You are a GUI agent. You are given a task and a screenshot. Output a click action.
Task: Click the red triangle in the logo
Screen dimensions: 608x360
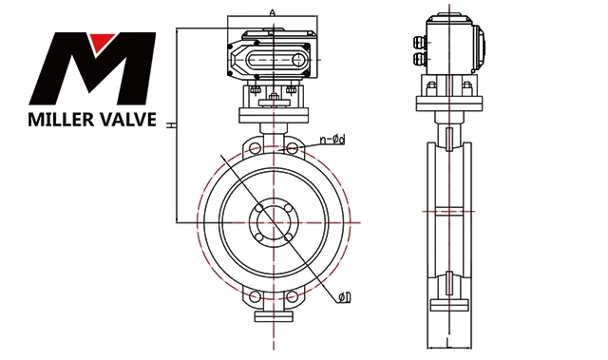pyautogui.click(x=102, y=41)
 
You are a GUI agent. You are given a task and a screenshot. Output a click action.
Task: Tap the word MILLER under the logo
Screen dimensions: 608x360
pyautogui.click(x=60, y=120)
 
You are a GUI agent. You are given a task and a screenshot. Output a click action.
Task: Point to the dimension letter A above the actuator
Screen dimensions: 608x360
pyautogui.click(x=273, y=12)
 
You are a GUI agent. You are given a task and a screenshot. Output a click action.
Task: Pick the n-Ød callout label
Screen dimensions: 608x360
pyautogui.click(x=332, y=140)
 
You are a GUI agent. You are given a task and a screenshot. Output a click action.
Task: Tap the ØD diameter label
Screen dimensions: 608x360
pyautogui.click(x=344, y=297)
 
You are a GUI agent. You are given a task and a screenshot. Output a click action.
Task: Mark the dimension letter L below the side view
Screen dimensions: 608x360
pyautogui.click(x=448, y=342)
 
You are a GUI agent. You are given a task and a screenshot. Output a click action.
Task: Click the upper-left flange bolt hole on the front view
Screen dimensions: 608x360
pyautogui.click(x=255, y=148)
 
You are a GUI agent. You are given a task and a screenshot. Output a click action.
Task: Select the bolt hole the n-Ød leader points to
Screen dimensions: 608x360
pyautogui.click(x=293, y=148)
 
